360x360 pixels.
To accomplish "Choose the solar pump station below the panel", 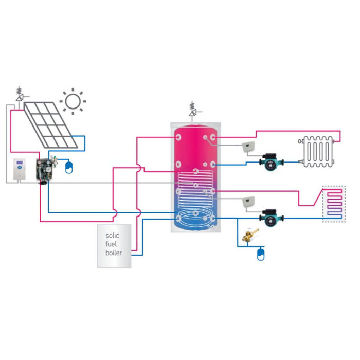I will (47, 168).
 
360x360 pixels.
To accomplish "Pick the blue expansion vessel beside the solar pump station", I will (69, 166).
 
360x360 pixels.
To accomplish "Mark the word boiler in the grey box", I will (114, 253).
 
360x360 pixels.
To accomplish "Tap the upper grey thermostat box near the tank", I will (249, 147).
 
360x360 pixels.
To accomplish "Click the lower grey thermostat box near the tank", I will (249, 201).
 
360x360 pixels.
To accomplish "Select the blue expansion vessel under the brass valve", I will (260, 254).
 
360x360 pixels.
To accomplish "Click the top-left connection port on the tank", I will (177, 137).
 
